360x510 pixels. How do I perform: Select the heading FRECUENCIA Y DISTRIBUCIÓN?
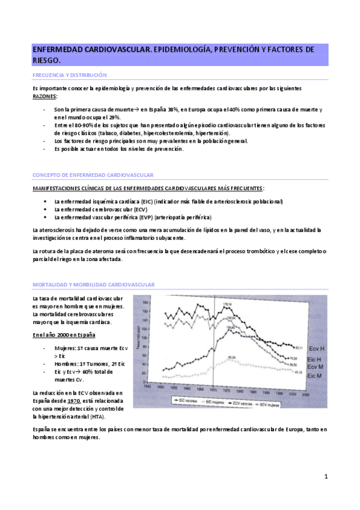tap(69, 75)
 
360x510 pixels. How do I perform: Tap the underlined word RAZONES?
tap(45, 96)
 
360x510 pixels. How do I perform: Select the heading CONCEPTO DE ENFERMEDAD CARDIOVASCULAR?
tap(93, 174)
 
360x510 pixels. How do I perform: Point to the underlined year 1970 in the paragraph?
tap(74, 401)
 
